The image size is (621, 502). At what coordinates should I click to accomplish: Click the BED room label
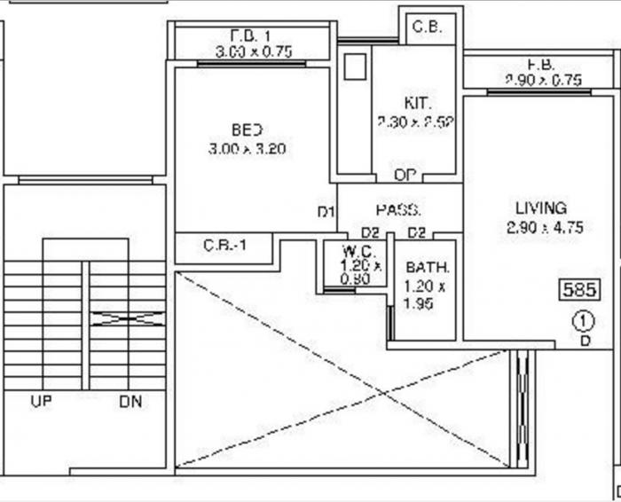pyautogui.click(x=247, y=129)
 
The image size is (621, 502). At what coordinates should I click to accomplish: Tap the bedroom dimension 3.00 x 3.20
pyautogui.click(x=247, y=150)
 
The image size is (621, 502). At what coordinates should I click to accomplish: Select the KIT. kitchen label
pyautogui.click(x=417, y=101)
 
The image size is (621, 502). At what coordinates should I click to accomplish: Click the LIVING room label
pyautogui.click(x=541, y=208)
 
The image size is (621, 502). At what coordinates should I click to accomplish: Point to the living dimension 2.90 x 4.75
pyautogui.click(x=545, y=228)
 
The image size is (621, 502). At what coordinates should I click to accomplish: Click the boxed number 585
pyautogui.click(x=578, y=289)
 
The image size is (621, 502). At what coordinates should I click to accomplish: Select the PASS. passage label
pyautogui.click(x=397, y=210)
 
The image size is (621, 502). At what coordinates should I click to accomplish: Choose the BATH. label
pyautogui.click(x=428, y=268)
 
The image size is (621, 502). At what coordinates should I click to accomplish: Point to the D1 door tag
pyautogui.click(x=326, y=212)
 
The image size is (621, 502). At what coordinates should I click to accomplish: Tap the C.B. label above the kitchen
pyautogui.click(x=428, y=27)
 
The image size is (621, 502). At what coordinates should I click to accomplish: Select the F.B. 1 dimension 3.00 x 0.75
pyautogui.click(x=253, y=52)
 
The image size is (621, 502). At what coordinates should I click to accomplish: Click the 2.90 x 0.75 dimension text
pyautogui.click(x=543, y=80)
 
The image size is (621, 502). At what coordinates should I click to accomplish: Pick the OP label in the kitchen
pyautogui.click(x=405, y=174)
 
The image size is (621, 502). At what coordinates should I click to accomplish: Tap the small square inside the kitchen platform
pyautogui.click(x=355, y=68)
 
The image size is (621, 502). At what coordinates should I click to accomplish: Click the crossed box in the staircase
pyautogui.click(x=128, y=318)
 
